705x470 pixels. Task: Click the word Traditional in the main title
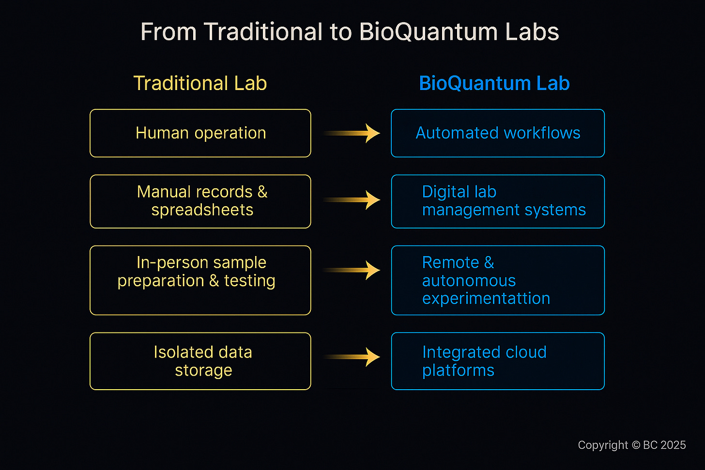tap(262, 32)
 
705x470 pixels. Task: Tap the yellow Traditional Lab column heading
tap(200, 83)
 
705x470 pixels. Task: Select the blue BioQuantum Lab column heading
tap(494, 83)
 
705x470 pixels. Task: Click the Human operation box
tap(200, 133)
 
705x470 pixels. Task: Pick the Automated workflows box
tap(498, 133)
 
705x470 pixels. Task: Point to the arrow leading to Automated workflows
tap(352, 133)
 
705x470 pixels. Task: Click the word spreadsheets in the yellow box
tap(202, 210)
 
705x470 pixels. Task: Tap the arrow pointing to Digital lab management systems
tap(352, 200)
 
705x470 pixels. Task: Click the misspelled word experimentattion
tap(486, 299)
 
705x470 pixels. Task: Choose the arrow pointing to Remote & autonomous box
tap(352, 270)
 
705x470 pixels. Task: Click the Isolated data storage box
tap(200, 361)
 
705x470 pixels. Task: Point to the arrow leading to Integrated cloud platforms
tap(352, 357)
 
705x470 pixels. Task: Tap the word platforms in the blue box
tap(458, 371)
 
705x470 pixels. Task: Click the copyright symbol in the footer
tap(634, 445)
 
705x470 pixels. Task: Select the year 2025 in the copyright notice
tap(673, 445)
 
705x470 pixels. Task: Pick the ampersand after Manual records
tap(262, 192)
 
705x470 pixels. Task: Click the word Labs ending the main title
tap(532, 32)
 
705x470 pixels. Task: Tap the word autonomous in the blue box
tap(469, 281)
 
